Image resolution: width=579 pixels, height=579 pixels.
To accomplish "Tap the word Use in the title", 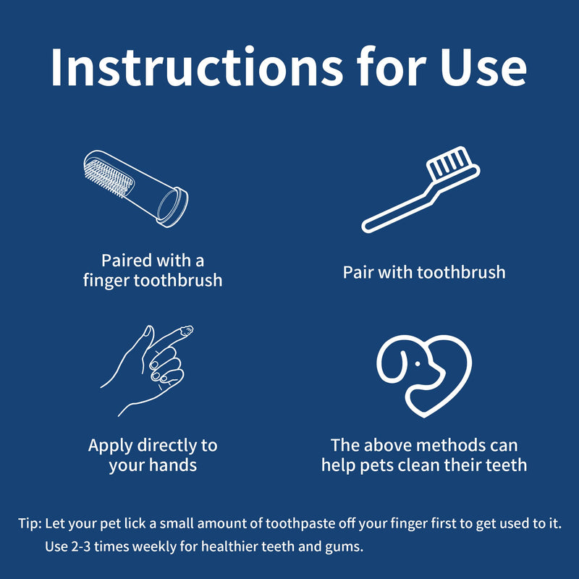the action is [483, 67].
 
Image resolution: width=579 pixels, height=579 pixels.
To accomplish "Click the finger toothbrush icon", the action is [136, 188].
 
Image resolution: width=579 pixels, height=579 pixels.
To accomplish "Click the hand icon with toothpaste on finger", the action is [147, 371].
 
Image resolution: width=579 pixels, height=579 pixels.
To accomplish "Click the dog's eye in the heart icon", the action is [418, 364].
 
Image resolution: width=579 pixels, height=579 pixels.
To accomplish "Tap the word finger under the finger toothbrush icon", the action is [106, 281].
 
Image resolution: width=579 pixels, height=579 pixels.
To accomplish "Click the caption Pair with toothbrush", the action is [424, 272].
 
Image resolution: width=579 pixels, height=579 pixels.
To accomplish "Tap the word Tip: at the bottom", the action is [30, 523].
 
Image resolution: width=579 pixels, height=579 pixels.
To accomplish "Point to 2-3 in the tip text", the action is [81, 546].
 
